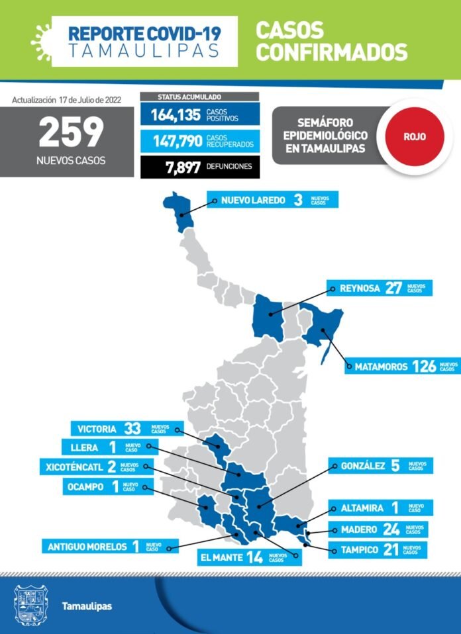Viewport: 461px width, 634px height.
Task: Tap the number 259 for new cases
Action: [x=71, y=132]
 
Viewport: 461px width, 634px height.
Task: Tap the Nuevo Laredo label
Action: [x=253, y=200]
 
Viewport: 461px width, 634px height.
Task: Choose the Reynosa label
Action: [x=360, y=288]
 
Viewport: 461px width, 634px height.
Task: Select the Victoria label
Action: [x=97, y=428]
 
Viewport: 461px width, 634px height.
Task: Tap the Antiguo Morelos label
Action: [x=87, y=547]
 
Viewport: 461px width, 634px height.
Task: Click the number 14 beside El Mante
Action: [x=254, y=557]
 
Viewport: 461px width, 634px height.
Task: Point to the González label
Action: [x=363, y=466]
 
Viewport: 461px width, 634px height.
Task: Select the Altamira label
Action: [x=362, y=508]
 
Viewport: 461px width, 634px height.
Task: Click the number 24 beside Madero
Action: [x=391, y=529]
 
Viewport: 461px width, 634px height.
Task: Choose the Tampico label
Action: [x=360, y=549]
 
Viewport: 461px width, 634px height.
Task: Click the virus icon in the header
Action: [x=41, y=40]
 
